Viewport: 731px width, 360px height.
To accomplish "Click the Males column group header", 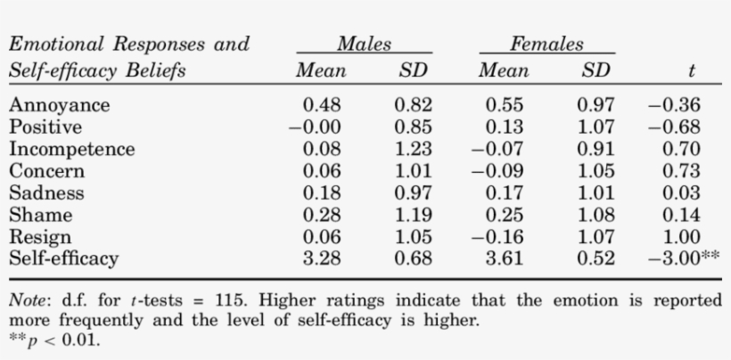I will tap(365, 44).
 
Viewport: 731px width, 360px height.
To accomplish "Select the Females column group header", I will tap(546, 44).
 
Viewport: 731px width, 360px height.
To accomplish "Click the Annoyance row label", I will tap(60, 105).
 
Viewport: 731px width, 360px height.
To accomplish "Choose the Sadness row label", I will tap(46, 193).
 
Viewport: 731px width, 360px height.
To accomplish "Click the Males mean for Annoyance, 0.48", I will tap(324, 105).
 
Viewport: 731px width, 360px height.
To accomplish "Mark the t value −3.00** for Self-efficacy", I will tap(684, 259).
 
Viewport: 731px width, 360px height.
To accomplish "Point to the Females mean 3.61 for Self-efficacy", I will tap(504, 259).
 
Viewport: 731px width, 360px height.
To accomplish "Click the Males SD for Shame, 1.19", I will tap(413, 216).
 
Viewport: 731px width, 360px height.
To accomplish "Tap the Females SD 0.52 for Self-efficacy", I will tap(596, 259).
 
